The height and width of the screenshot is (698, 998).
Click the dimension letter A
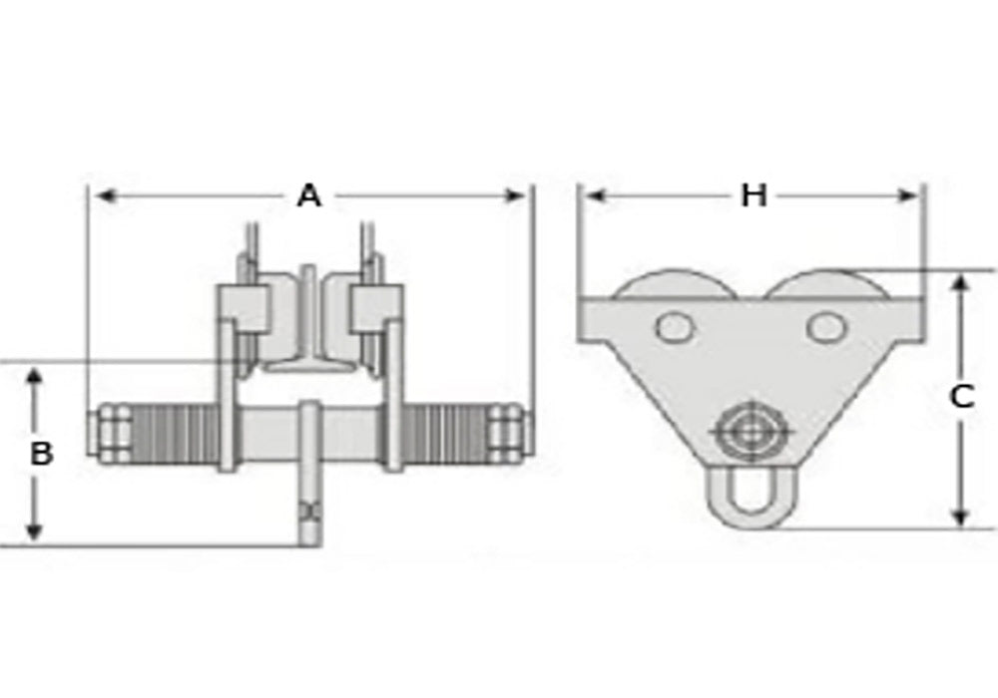coord(309,196)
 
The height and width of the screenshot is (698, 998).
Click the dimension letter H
coord(753,195)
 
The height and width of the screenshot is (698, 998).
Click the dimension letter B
coord(41,454)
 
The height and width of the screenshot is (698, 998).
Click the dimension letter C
coord(960,397)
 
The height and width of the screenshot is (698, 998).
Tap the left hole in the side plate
coord(675,326)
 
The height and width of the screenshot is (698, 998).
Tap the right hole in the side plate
coord(825,326)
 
